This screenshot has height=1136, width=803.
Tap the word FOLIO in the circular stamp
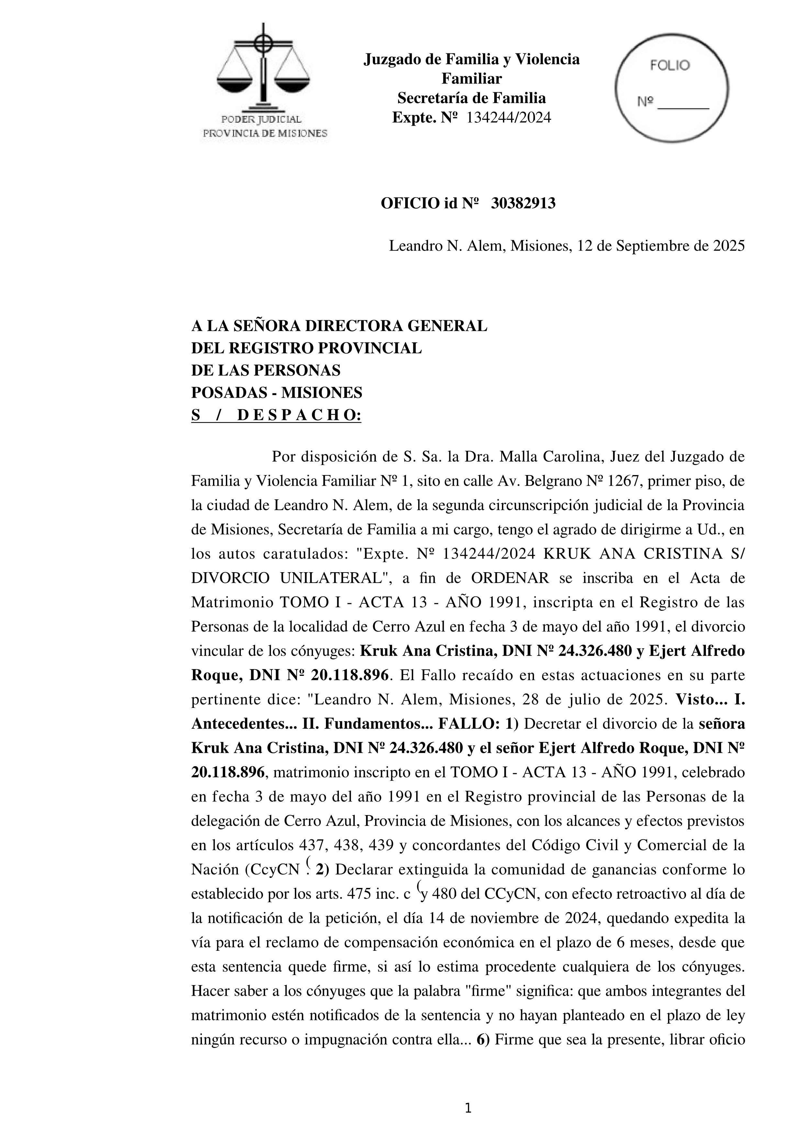pyautogui.click(x=670, y=66)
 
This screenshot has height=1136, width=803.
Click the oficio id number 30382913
pyautogui.click(x=523, y=203)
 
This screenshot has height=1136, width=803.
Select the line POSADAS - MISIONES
pyautogui.click(x=276, y=393)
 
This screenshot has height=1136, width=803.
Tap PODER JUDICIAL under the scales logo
pyautogui.click(x=261, y=119)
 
